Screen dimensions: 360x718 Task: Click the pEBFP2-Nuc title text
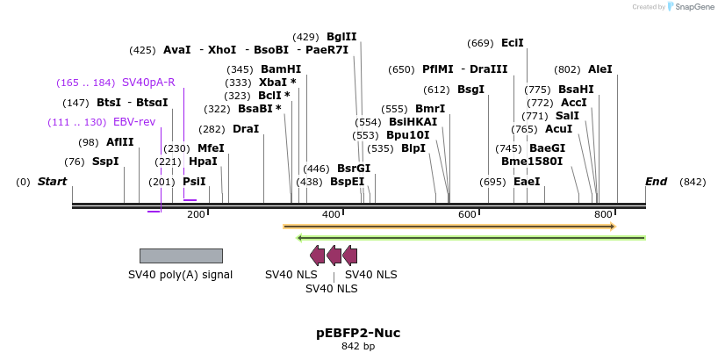358,333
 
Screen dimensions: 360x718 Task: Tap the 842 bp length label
358,347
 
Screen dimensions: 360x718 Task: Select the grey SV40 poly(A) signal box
181,256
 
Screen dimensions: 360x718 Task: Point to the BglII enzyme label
341,37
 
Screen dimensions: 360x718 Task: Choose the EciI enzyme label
513,43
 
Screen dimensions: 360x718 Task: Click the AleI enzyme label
600,69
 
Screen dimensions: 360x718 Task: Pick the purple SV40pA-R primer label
148,83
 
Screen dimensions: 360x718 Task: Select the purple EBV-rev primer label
134,122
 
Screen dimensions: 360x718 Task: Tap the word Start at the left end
52,182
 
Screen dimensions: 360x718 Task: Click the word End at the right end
656,182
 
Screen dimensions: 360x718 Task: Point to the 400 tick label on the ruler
331,214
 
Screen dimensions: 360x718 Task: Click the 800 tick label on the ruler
603,214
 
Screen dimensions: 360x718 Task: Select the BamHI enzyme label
281,69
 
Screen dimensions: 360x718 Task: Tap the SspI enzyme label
105,162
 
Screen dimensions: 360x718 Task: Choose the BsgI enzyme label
470,90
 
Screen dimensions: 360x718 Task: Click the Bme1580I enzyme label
532,162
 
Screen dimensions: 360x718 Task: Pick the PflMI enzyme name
436,69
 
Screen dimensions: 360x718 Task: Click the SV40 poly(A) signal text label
181,274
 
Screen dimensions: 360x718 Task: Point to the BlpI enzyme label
413,148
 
